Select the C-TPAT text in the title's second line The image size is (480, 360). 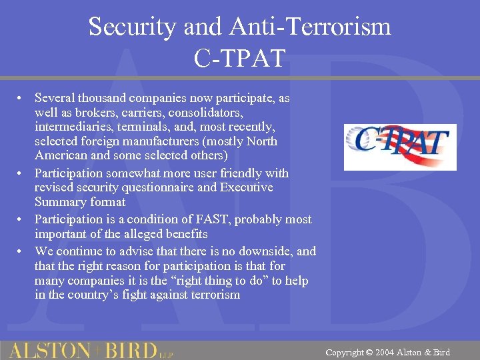[239, 58]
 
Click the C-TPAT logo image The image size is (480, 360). [399, 147]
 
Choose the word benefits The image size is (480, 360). [184, 234]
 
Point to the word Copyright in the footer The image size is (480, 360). [345, 352]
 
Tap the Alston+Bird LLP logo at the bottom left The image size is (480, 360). [90, 350]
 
